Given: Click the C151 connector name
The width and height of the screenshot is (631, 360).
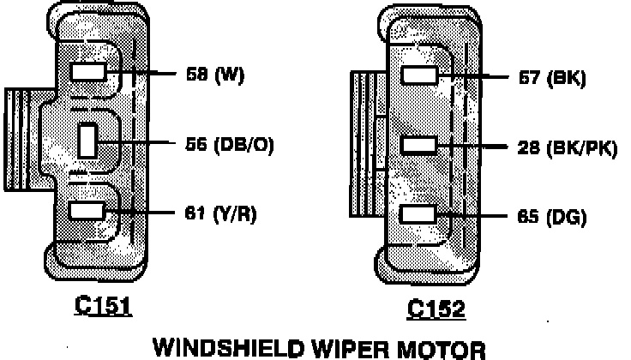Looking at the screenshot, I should point(103,307).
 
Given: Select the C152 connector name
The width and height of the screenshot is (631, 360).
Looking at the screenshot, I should point(436,309).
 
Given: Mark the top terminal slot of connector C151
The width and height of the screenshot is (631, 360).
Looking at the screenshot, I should point(88,73).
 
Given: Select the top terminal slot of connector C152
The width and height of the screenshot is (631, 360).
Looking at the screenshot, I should point(420,76).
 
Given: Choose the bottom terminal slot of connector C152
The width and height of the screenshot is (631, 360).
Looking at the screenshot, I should point(420,215).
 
